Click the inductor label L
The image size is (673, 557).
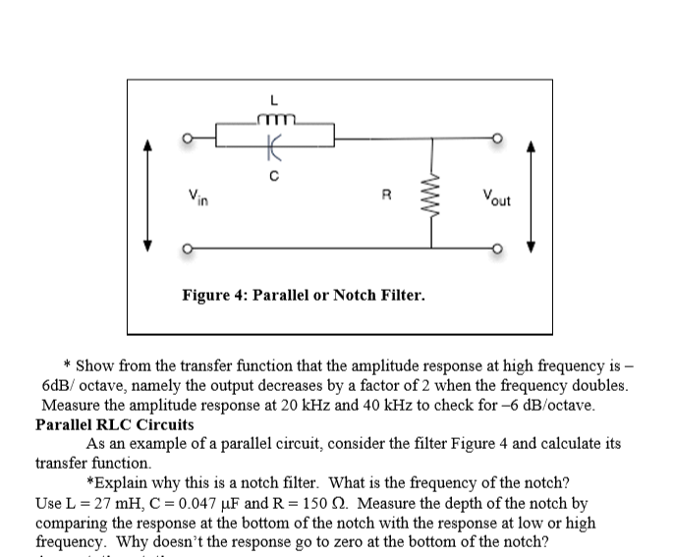(275, 99)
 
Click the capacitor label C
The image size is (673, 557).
(276, 177)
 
